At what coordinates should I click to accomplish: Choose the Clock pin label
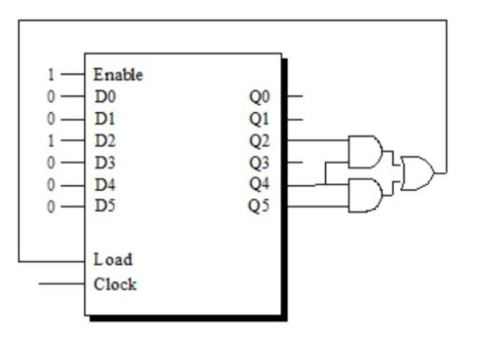pos(114,284)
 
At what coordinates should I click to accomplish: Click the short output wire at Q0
pos(292,94)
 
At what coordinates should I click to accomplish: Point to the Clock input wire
pos(60,284)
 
